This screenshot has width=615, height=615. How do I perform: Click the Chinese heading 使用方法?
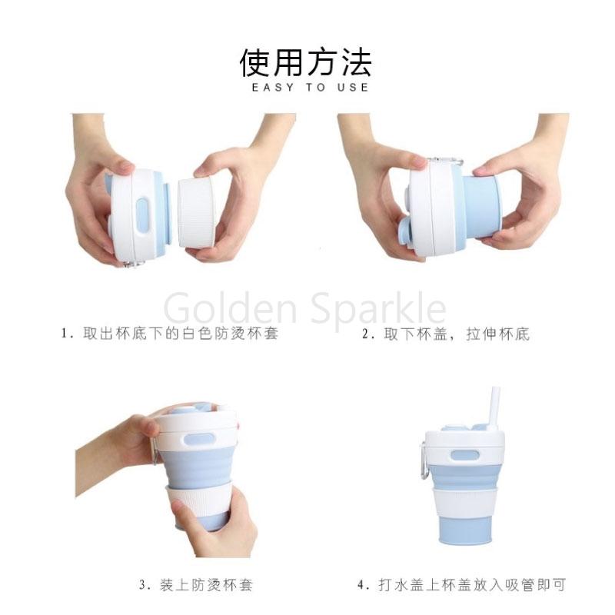pyautogui.click(x=305, y=62)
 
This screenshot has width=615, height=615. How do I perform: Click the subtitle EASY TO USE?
pyautogui.click(x=311, y=87)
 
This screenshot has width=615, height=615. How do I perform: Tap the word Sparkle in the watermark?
pyautogui.click(x=378, y=308)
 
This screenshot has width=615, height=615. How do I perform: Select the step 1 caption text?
pyautogui.click(x=170, y=334)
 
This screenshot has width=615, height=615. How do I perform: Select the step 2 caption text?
pyautogui.click(x=446, y=334)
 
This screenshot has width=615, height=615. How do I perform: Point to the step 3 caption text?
pyautogui.click(x=196, y=585)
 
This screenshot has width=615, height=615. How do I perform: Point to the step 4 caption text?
pyautogui.click(x=462, y=585)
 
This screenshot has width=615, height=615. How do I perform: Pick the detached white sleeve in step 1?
pyautogui.click(x=196, y=213)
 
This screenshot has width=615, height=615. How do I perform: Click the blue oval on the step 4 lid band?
pyautogui.click(x=465, y=455)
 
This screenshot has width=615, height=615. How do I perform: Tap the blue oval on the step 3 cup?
pyautogui.click(x=198, y=439)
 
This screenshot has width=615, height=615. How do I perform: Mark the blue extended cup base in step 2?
pyautogui.click(x=481, y=207)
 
